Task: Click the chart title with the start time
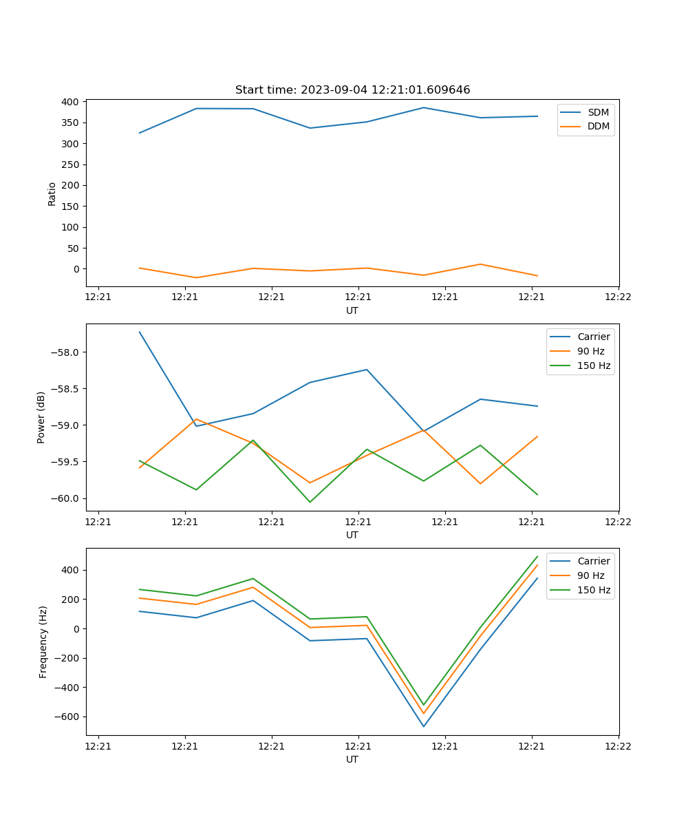(352, 90)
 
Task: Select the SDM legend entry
(598, 112)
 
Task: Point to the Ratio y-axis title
(52, 193)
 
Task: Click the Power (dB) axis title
(41, 417)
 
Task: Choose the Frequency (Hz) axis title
(43, 642)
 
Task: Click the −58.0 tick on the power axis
(66, 352)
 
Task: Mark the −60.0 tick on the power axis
(66, 498)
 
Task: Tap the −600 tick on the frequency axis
(67, 717)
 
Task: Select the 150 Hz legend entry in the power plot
(594, 366)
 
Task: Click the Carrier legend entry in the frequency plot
(593, 561)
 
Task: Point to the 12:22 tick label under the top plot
(618, 297)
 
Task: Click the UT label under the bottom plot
(352, 759)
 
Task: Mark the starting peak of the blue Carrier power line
(140, 332)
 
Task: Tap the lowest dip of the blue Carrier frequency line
(424, 726)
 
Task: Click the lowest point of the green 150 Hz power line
(310, 502)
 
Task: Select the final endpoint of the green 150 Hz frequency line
(537, 556)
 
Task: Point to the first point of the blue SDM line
(140, 133)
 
